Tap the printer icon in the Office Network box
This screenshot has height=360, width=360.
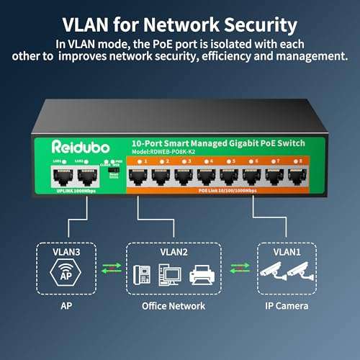[201, 275]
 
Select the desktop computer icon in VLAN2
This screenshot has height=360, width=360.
[170, 275]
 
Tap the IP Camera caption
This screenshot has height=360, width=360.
[285, 306]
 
